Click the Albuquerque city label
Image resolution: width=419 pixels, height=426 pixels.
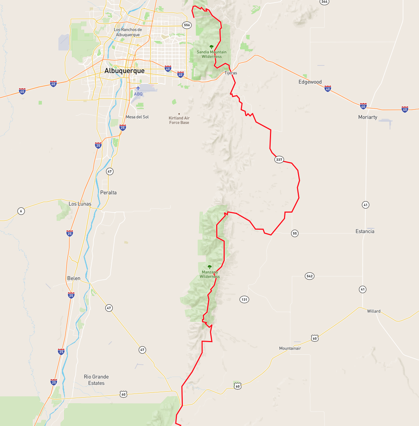pos(125,71)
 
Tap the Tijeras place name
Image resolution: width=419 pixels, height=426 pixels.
pos(231,73)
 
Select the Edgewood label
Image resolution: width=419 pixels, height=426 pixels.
pos(310,82)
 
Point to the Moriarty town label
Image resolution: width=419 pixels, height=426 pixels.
pos(367,117)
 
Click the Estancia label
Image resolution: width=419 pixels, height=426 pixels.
pos(365,232)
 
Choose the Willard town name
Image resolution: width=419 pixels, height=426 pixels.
pos(373,311)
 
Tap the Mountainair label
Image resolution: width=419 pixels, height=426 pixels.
pos(290,348)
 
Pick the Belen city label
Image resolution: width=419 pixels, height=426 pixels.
pos(74,278)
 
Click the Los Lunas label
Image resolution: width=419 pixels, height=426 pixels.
pos(80,204)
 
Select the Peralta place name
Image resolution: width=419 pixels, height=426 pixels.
pos(108,193)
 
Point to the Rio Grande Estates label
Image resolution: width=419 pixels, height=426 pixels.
pos(96,380)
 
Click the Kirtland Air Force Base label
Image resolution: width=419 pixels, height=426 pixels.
pos(179,120)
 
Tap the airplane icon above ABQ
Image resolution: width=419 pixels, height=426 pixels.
pos(138,88)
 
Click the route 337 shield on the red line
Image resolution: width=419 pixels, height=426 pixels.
pos(279,160)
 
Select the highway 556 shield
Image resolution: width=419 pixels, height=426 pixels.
pos(187,25)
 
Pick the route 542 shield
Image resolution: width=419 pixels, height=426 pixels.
pos(309,276)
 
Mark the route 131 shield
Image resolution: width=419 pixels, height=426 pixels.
pos(244,299)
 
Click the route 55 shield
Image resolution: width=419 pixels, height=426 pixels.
pos(295,233)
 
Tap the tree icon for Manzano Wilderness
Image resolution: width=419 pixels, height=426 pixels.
pos(209,267)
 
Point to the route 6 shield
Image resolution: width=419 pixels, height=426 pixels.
pos(21,211)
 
